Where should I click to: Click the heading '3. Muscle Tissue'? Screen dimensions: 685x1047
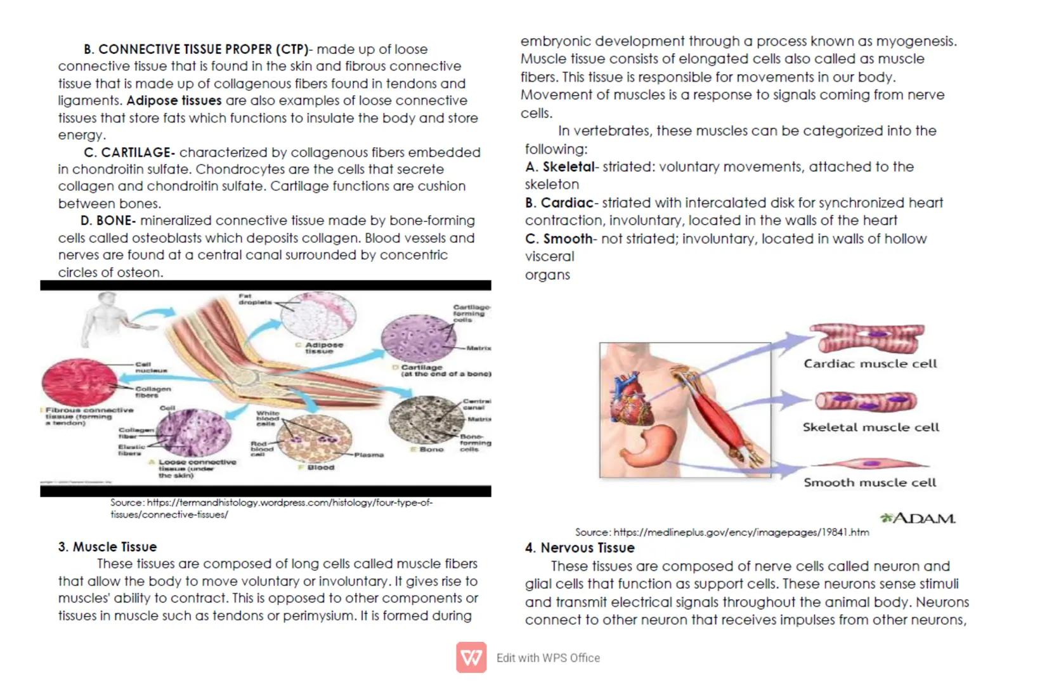pos(107,547)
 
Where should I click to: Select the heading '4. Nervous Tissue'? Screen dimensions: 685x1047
pos(579,548)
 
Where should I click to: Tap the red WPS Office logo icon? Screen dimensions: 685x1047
pos(471,658)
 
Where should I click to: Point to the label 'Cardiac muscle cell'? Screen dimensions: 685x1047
pos(870,364)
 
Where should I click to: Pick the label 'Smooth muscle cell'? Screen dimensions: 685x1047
pos(869,483)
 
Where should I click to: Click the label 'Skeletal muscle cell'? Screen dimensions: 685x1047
pos(870,427)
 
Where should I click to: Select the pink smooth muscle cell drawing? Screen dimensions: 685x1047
pos(869,465)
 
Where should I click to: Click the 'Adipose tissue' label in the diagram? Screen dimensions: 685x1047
pos(323,348)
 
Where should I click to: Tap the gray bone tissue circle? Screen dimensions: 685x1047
pos(423,419)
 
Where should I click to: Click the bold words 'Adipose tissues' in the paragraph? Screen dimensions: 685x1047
pos(174,101)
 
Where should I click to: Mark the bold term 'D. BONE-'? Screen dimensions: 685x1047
pos(108,221)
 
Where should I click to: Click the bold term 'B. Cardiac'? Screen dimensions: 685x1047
pos(559,203)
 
